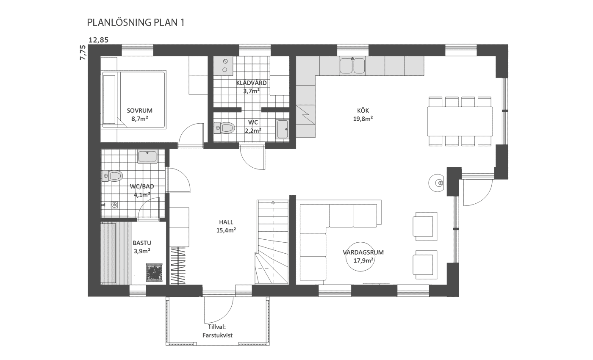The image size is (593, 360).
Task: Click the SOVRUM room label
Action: click(139, 111)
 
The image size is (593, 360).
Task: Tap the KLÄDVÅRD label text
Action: click(251, 83)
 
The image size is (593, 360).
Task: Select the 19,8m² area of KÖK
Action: click(363, 119)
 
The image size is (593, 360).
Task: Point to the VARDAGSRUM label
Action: click(363, 252)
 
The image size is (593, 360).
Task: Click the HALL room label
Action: click(226, 222)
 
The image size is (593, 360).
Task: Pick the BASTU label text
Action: click(142, 243)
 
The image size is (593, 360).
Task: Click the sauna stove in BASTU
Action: click(154, 271)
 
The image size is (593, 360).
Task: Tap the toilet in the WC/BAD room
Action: click(112, 176)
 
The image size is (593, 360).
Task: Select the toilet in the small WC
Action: click(224, 128)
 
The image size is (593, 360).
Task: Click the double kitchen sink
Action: click(352, 65)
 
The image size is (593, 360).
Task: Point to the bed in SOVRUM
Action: click(134, 100)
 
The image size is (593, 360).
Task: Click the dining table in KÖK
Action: click(460, 121)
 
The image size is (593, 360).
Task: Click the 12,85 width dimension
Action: click(98, 40)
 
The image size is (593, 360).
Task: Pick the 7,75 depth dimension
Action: click(83, 53)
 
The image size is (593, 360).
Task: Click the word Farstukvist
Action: click(218, 335)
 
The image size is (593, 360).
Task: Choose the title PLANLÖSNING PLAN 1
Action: click(136, 22)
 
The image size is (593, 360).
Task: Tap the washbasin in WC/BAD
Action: click(147, 156)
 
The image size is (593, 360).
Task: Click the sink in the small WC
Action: click(282, 129)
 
